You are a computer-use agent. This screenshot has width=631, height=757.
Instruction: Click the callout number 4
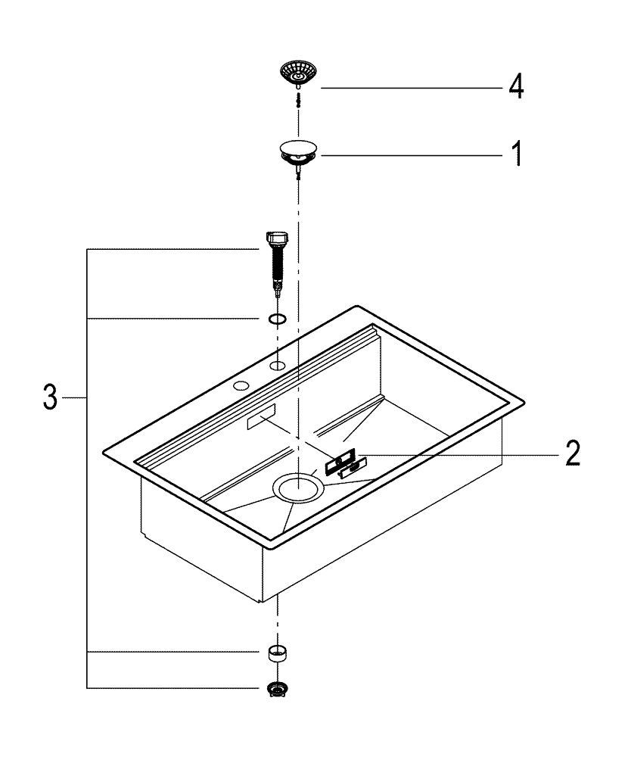[x=514, y=86]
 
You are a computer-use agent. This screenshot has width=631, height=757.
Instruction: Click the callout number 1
[x=515, y=154]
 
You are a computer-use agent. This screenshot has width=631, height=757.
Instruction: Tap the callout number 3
[x=49, y=397]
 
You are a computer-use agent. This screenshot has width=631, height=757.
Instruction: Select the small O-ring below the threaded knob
[x=278, y=319]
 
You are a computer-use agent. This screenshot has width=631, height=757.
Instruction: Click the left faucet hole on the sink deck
[x=241, y=387]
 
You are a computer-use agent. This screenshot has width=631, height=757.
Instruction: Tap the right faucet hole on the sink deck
[x=278, y=367]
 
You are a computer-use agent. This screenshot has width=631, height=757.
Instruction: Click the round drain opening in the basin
[x=299, y=488]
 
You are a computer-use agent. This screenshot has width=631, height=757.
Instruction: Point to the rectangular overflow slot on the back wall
[x=260, y=421]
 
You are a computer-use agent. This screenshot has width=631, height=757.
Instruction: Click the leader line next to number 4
[x=409, y=88]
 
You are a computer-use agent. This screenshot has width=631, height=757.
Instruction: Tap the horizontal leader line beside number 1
[x=409, y=154]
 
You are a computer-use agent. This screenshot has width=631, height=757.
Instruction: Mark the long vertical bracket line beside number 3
[x=88, y=469]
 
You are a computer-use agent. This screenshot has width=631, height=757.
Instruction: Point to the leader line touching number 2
[x=454, y=454]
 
